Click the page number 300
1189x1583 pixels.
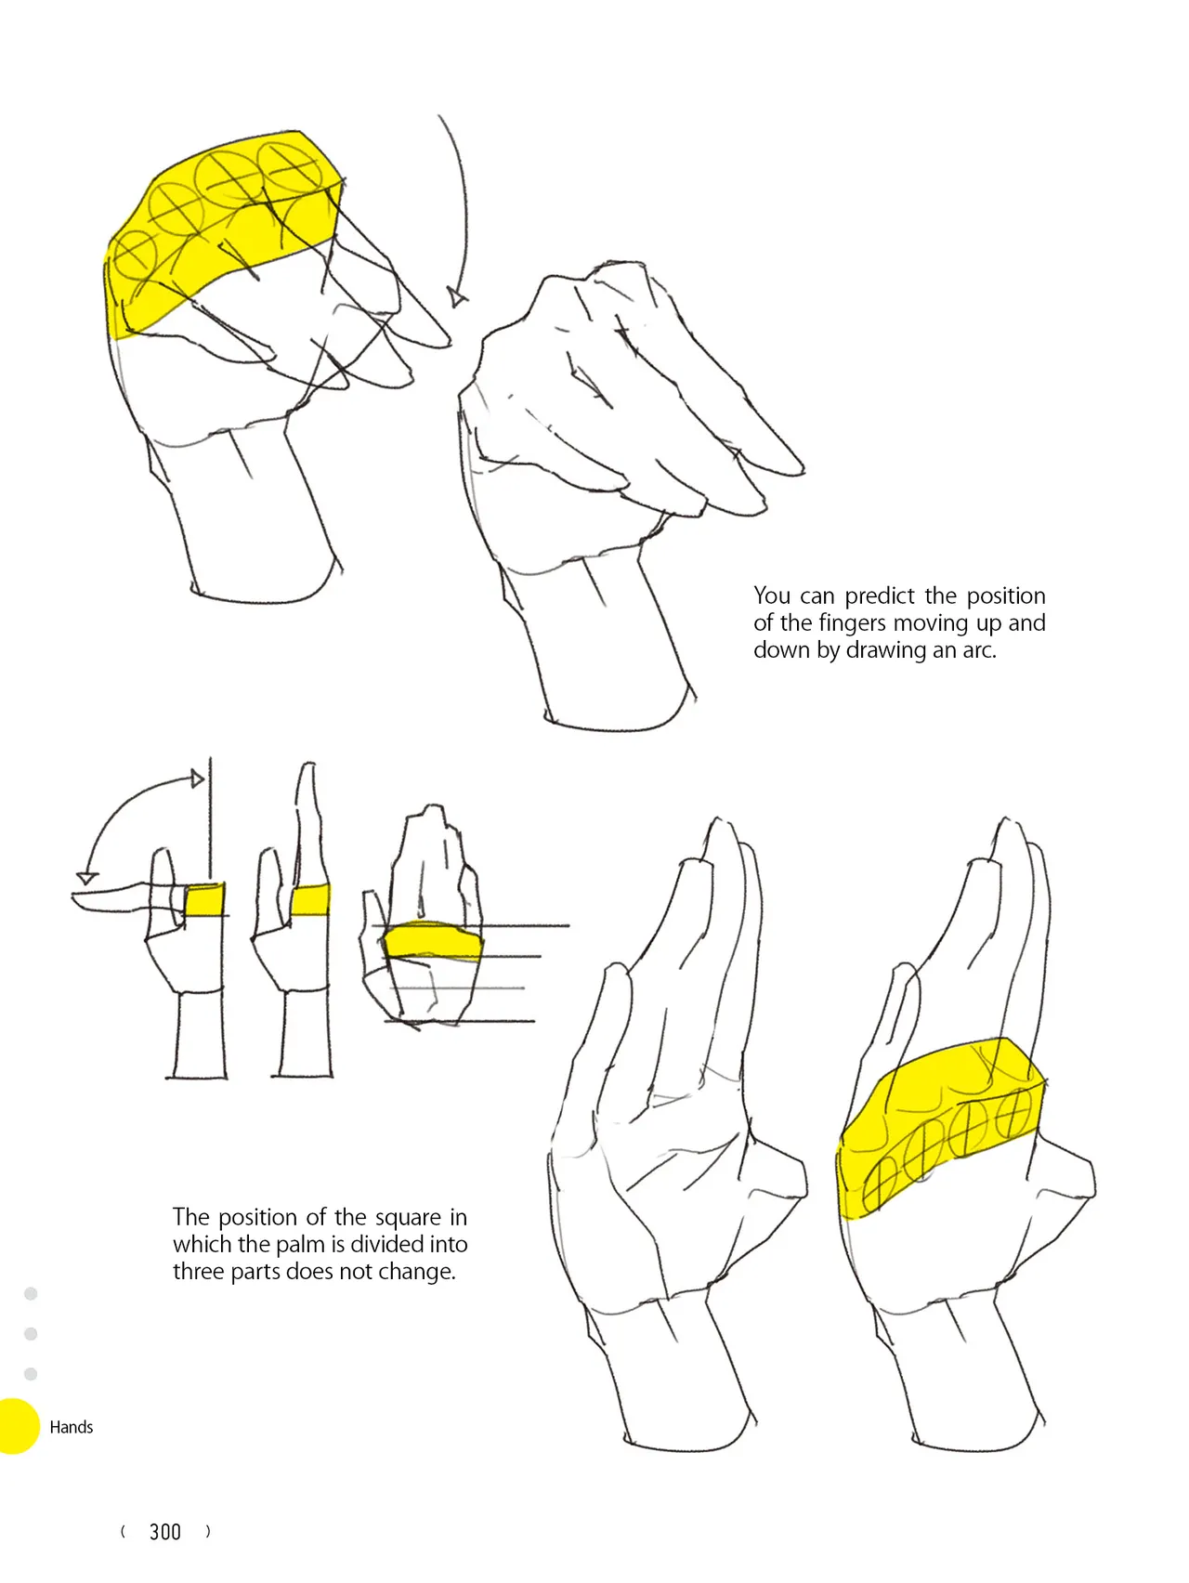(165, 1532)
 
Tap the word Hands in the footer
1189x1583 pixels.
(72, 1427)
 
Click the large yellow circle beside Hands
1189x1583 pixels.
(17, 1426)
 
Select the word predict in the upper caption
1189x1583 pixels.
(880, 596)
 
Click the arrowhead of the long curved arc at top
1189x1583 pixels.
(455, 297)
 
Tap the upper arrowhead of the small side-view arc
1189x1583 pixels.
(197, 778)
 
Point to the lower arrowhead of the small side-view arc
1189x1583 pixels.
(86, 878)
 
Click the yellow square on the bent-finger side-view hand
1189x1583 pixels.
(204, 901)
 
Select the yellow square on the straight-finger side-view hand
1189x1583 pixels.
(310, 901)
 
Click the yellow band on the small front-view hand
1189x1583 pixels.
(432, 941)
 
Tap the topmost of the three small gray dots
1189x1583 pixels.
(31, 1293)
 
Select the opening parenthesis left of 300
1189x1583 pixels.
(123, 1532)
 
